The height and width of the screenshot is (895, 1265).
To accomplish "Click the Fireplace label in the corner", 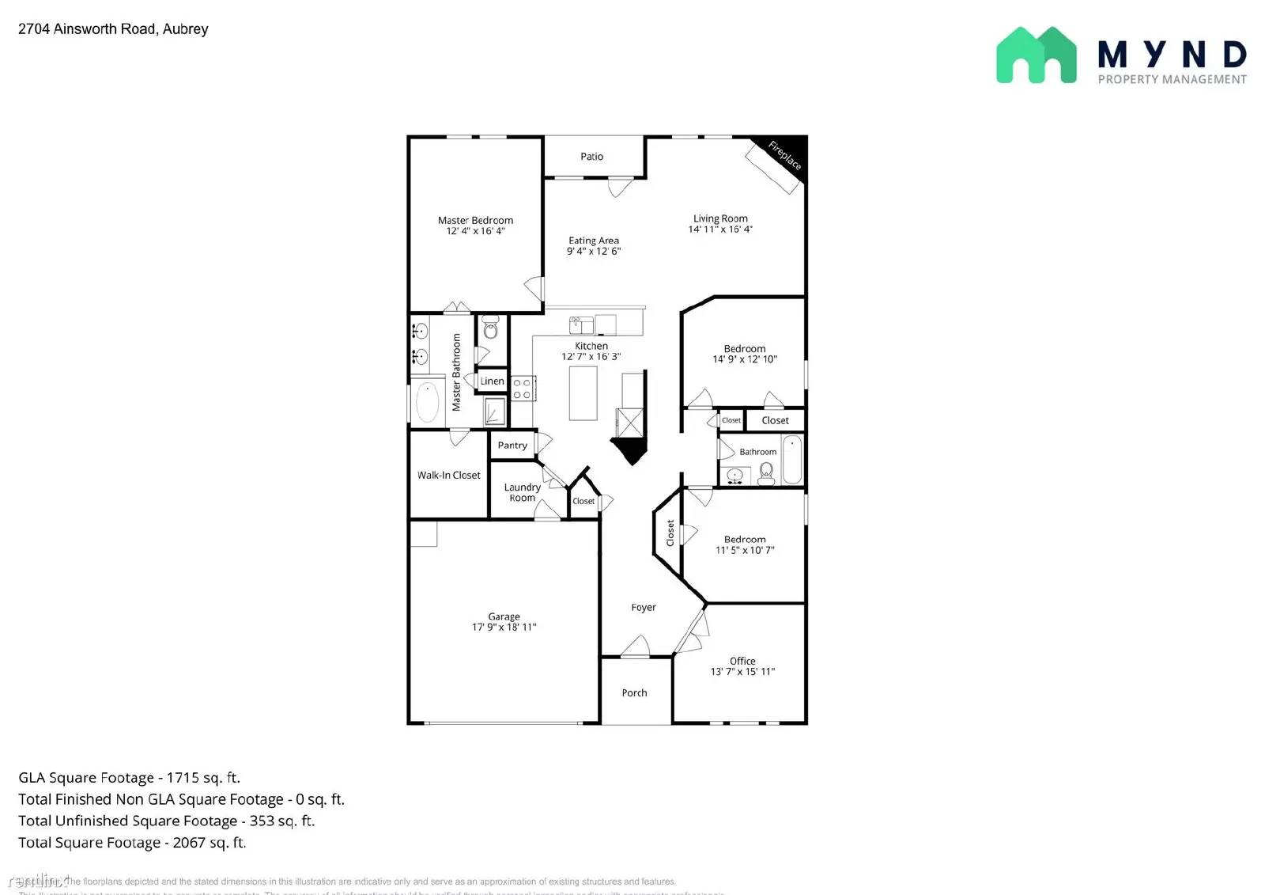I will [785, 155].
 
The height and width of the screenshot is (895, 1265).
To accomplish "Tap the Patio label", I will [591, 157].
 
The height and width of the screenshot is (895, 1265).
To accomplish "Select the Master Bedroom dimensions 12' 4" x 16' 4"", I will [475, 231].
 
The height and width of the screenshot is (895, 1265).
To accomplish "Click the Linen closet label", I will [492, 381].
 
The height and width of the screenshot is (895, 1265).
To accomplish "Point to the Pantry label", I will [512, 446].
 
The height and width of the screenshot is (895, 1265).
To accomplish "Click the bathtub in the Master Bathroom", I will [428, 402].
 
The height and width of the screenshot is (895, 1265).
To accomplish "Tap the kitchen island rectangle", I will [583, 393].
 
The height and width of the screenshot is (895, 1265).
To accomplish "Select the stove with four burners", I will [522, 389].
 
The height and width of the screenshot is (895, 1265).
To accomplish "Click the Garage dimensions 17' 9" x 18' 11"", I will [504, 628].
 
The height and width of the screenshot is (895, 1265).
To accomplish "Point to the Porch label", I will [634, 693].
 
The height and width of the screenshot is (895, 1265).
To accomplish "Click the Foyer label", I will [644, 608].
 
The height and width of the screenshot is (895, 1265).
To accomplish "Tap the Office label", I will [742, 661].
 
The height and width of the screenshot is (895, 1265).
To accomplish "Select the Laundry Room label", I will [522, 493].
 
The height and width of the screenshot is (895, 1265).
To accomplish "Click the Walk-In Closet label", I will [448, 476].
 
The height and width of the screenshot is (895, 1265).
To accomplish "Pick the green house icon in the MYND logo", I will [1036, 55].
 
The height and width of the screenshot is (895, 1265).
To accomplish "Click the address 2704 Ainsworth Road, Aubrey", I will [113, 29].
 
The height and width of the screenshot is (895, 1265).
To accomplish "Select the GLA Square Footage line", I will [129, 778].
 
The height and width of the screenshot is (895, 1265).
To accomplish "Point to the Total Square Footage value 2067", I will [189, 843].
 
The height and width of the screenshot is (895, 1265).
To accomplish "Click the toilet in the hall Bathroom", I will [766, 472].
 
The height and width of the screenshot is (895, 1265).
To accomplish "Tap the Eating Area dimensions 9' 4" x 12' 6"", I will [593, 252].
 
